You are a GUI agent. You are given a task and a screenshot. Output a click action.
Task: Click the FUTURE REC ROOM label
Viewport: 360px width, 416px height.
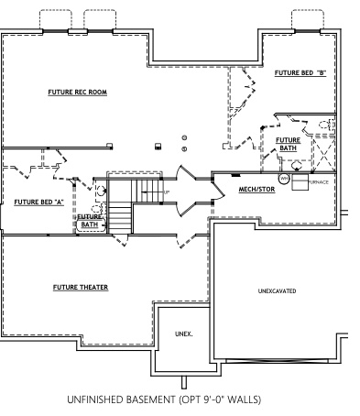point(78,93)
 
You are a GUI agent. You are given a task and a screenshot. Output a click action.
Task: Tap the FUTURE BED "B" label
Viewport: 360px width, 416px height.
point(300,72)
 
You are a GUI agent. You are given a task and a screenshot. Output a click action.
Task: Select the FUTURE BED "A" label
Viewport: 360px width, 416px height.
point(38,201)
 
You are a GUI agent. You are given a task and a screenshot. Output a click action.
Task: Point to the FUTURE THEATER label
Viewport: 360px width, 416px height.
point(80,288)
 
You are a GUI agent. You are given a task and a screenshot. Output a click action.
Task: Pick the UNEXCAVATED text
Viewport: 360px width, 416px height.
point(277,290)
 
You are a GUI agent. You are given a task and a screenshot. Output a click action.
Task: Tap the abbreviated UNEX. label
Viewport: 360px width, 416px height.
point(184,334)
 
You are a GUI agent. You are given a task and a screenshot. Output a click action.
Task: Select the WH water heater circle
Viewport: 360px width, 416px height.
point(284,179)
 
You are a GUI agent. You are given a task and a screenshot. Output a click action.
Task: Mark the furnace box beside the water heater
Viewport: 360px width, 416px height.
point(300,182)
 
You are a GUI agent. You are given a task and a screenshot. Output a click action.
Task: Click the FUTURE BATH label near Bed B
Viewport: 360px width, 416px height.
point(288,144)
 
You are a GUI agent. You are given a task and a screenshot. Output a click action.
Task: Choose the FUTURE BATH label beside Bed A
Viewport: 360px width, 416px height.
point(90,221)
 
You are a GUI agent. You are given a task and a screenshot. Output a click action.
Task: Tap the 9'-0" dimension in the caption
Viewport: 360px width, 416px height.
point(216,400)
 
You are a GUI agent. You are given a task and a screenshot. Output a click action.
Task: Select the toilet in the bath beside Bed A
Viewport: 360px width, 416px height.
point(98,207)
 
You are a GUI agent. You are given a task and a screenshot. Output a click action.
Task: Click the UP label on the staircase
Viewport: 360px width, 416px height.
point(166,192)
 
